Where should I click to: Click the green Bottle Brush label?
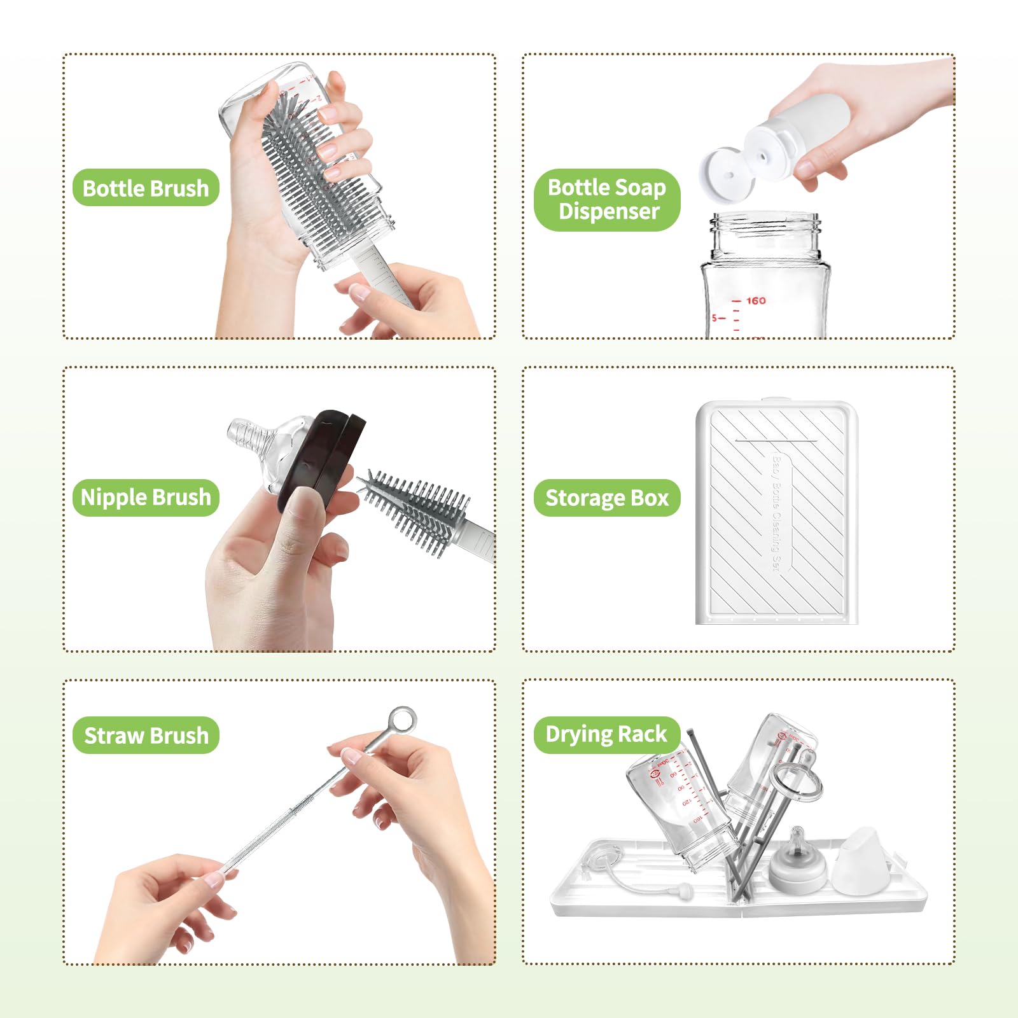146,188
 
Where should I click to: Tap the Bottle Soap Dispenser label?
607,199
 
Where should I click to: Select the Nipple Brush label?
146,497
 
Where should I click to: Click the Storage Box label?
607,498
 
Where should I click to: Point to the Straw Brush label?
146,736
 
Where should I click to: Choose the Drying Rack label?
606,734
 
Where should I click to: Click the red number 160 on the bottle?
756,300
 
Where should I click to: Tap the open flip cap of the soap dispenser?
726,173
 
